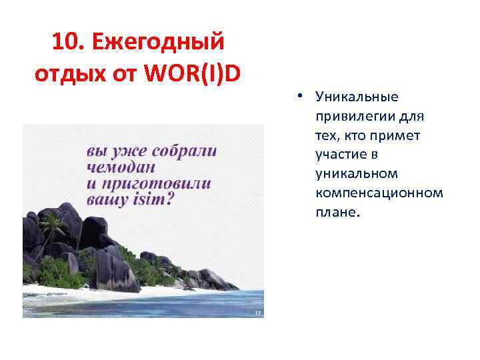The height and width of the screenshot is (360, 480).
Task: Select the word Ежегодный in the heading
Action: click(159, 43)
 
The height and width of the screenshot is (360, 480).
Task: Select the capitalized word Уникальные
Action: click(357, 97)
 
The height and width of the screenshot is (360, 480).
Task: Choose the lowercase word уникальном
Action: click(357, 174)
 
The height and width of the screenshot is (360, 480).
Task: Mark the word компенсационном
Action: click(379, 193)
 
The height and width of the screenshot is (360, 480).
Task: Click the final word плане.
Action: click(337, 213)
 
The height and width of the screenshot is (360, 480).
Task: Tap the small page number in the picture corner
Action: click(257, 311)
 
